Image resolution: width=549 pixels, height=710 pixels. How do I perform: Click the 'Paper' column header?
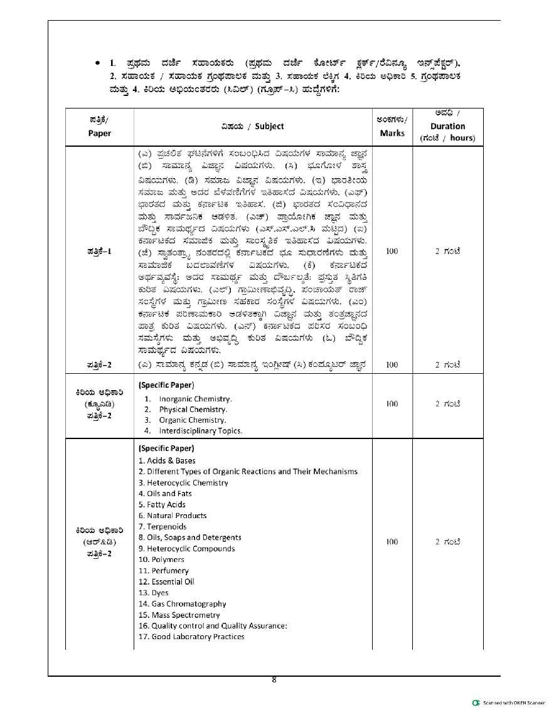point(99,133)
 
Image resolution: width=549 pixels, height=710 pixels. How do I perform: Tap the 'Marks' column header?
point(392,133)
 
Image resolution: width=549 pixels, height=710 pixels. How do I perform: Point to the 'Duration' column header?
point(448,126)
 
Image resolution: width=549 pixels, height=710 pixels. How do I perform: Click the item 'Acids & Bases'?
point(167,460)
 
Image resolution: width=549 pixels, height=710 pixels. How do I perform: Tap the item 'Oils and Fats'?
point(165,494)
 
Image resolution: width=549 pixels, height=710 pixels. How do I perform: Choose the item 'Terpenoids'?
point(162,526)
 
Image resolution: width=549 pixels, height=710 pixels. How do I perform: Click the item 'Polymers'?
point(161,559)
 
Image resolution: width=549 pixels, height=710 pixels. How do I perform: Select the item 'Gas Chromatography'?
point(179,603)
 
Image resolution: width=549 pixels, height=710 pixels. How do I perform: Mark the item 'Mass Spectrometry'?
point(179,615)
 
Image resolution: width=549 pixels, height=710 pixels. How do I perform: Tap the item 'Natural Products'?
point(172,516)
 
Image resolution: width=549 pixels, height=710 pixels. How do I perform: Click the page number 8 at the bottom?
point(274,679)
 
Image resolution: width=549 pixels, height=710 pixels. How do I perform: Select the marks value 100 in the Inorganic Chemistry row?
point(392,404)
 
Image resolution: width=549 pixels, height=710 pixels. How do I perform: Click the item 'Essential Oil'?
point(166,581)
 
